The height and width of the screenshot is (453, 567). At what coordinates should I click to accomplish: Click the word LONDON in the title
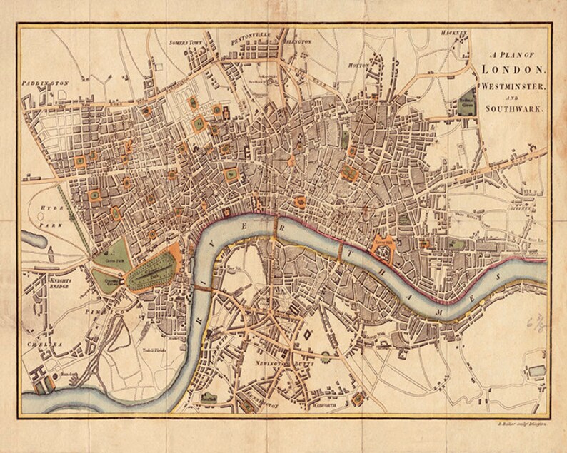pos(513,70)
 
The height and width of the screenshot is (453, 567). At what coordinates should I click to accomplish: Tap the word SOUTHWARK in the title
pos(513,109)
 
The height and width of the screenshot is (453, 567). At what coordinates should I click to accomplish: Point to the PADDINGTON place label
pos(46,83)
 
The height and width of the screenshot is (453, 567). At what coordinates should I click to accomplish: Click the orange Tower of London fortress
pos(385,248)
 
